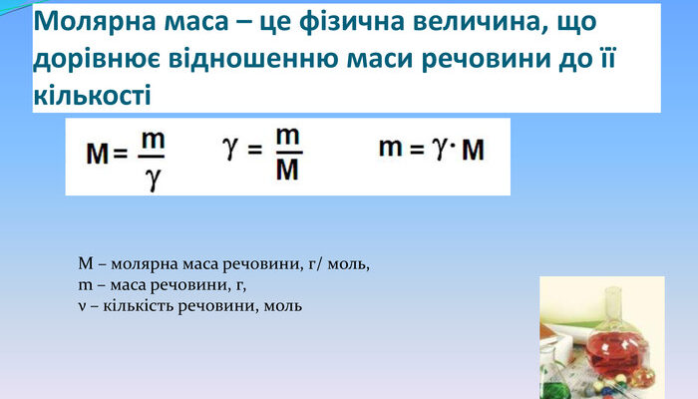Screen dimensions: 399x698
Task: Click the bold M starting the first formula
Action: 97,156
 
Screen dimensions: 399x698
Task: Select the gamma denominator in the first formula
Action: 152,179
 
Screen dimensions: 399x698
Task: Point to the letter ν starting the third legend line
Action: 81,305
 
